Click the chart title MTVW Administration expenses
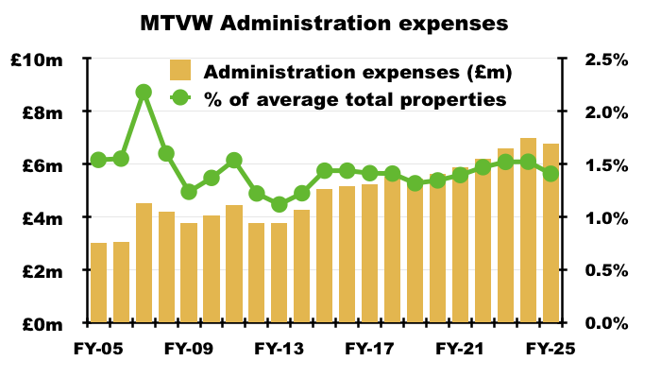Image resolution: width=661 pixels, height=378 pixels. pyautogui.click(x=330, y=20)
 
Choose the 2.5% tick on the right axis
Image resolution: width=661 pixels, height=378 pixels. pyautogui.click(x=600, y=60)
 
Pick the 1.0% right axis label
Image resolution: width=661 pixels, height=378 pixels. pyautogui.click(x=600, y=218)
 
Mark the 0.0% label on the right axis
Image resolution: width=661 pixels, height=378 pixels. pyautogui.click(x=600, y=324)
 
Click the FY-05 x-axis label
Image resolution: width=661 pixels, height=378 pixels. pyautogui.click(x=98, y=348)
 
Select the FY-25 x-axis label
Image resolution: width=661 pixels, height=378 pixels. pyautogui.click(x=551, y=348)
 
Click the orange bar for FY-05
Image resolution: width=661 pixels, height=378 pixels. pyautogui.click(x=98, y=283)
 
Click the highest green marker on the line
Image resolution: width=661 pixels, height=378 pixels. pyautogui.click(x=144, y=92)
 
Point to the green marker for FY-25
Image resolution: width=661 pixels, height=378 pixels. pyautogui.click(x=551, y=174)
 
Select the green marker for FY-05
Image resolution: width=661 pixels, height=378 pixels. pyautogui.click(x=98, y=160)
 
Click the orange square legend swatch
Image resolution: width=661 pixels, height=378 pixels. pyautogui.click(x=181, y=72)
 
